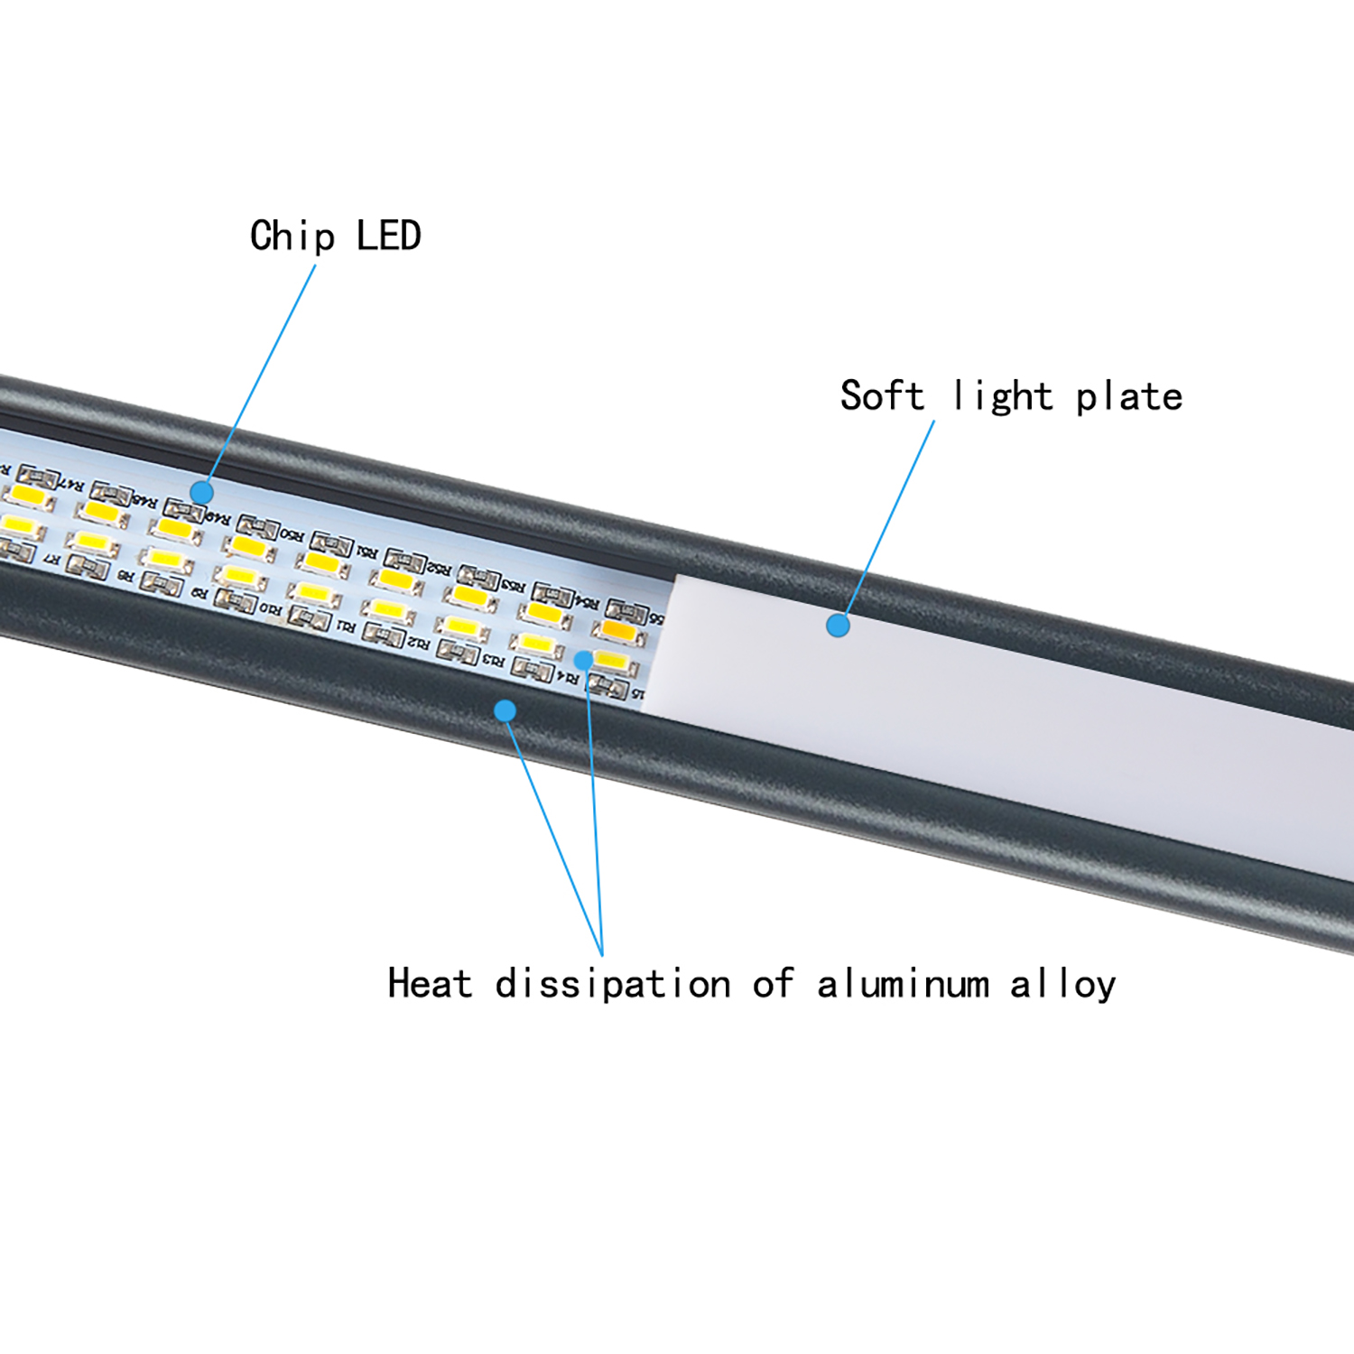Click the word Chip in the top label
tap(292, 237)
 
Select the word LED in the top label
tap(389, 236)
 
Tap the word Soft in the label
tap(882, 395)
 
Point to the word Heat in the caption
tap(429, 983)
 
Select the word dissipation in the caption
tap(613, 984)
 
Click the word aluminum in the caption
tap(904, 984)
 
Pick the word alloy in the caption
tap(1062, 984)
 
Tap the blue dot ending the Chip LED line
tap(201, 493)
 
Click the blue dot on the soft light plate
tap(838, 625)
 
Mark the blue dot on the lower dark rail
tap(505, 711)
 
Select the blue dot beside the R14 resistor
tap(584, 661)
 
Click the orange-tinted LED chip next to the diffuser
tap(618, 629)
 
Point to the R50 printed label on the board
tap(292, 534)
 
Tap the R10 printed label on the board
tap(270, 608)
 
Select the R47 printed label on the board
tap(70, 485)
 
